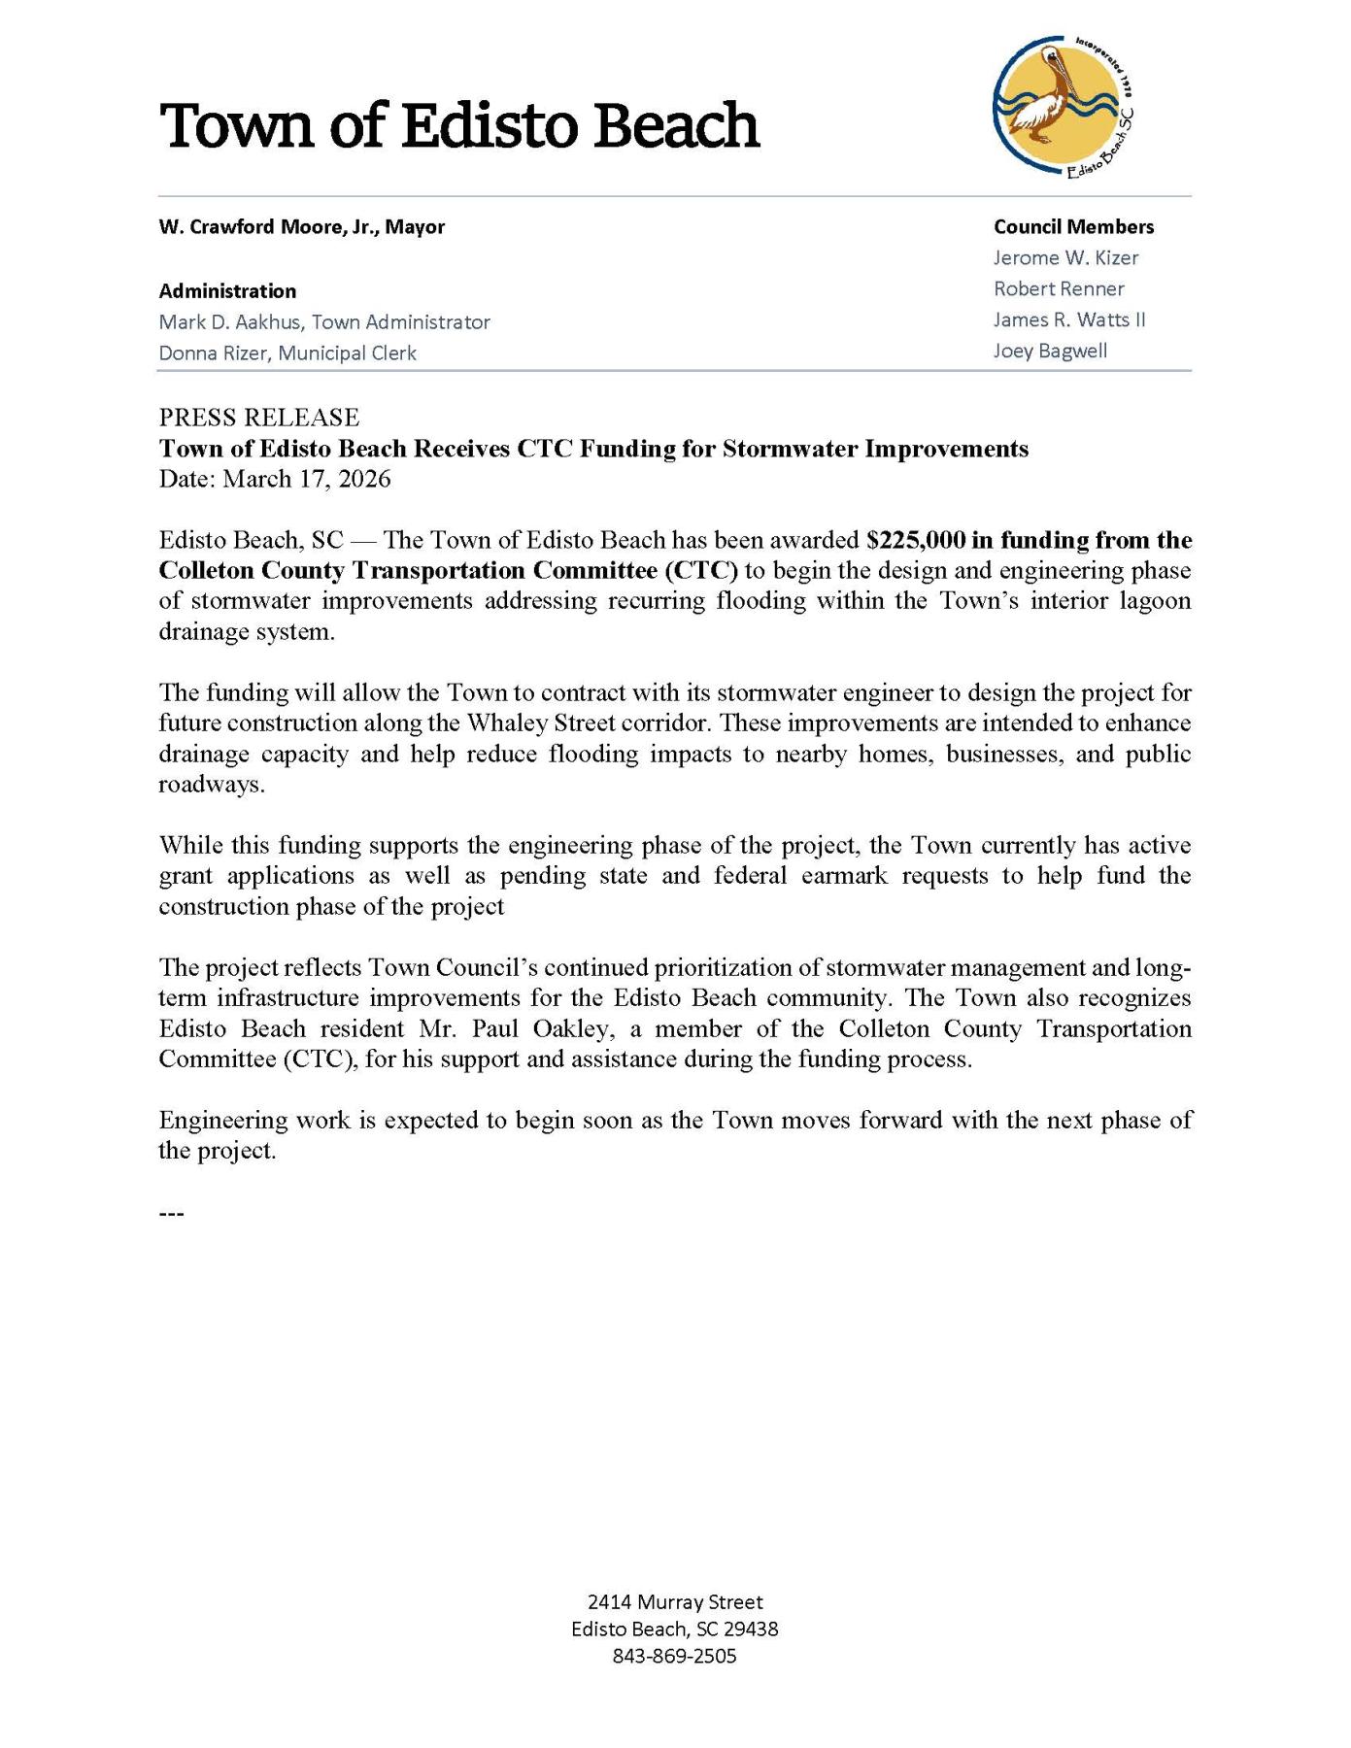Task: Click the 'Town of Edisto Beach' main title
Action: pos(458,126)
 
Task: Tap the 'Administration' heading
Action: pos(227,291)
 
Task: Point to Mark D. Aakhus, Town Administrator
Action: pos(324,322)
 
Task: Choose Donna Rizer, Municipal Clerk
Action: pos(287,353)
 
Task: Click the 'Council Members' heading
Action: pos(1073,227)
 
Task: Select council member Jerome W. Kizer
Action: pos(1065,258)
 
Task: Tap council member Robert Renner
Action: pos(1059,289)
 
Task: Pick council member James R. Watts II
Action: pos(1069,320)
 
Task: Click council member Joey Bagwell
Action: pos(1050,352)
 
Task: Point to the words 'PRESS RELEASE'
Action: pos(259,418)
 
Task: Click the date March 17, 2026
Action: pos(307,479)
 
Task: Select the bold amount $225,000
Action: pos(916,540)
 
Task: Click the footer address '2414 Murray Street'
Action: pos(675,1601)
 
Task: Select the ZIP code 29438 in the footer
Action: pos(749,1629)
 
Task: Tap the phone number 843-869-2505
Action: pos(675,1656)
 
